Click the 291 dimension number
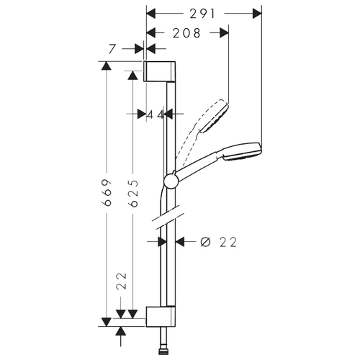coord(202,14)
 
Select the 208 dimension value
coord(186,33)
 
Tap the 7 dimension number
coord(112,49)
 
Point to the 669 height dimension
coord(107,192)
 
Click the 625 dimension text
coord(133,193)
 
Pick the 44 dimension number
coord(155,114)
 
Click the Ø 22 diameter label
coord(218,242)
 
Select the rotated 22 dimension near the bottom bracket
coord(122,281)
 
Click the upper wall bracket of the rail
coord(160,71)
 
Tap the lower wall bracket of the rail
coord(161,317)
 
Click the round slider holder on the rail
coord(171,181)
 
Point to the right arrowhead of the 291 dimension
coord(257,14)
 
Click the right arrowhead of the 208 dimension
coord(224,32)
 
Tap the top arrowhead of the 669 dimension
coord(106,66)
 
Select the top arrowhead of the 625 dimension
coord(132,76)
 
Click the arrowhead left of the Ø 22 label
coord(180,242)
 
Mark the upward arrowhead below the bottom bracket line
coord(120,331)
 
